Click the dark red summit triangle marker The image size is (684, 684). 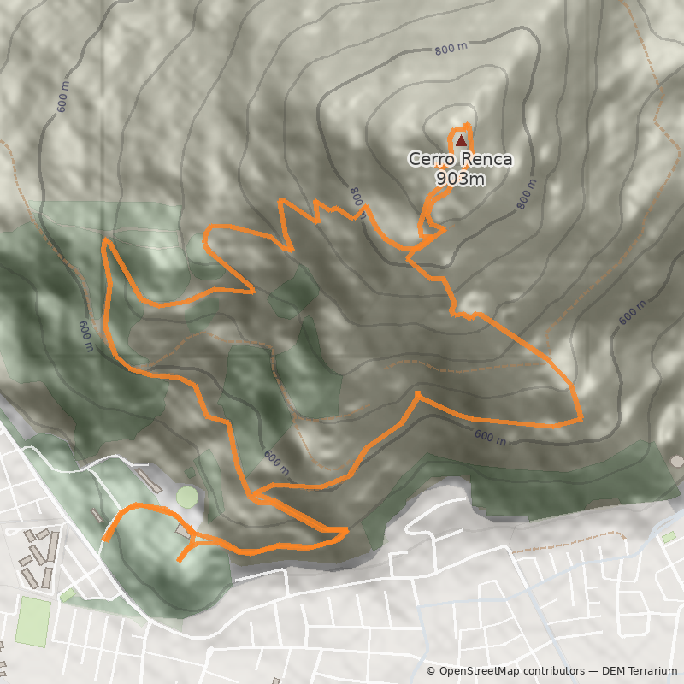click(x=461, y=140)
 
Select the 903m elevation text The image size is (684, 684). click(x=460, y=179)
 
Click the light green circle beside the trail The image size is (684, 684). click(x=187, y=496)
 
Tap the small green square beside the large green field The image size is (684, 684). click(x=67, y=594)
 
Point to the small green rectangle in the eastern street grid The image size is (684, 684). click(x=669, y=537)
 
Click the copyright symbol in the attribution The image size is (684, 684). click(x=431, y=671)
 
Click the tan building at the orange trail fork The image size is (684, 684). click(x=182, y=532)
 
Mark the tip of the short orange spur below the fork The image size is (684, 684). click(x=179, y=561)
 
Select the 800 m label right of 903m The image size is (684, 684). click(x=525, y=195)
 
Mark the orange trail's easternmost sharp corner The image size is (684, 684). click(x=581, y=418)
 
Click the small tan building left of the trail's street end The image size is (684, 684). click(x=95, y=516)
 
